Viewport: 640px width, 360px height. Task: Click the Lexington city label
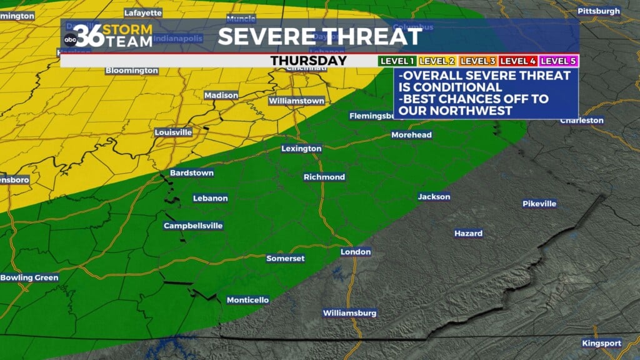click(301, 149)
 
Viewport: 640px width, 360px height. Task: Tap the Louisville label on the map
click(173, 132)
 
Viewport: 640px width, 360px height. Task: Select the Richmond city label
click(324, 177)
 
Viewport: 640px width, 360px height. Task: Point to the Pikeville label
click(539, 204)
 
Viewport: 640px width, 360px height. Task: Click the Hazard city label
click(468, 233)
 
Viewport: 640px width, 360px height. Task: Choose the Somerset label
click(285, 258)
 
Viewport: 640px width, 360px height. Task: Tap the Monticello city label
click(247, 300)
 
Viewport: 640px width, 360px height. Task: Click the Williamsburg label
click(349, 312)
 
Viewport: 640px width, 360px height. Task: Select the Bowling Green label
click(29, 277)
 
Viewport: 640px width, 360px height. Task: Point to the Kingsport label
click(601, 343)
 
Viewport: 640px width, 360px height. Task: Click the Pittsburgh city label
click(599, 11)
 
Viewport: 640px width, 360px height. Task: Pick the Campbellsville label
click(193, 226)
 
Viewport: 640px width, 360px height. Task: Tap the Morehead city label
click(411, 135)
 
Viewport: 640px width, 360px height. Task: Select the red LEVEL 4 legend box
click(518, 61)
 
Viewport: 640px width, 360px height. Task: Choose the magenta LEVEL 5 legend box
click(559, 61)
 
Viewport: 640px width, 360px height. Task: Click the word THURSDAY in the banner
click(308, 61)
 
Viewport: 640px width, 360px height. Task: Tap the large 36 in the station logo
click(87, 35)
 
